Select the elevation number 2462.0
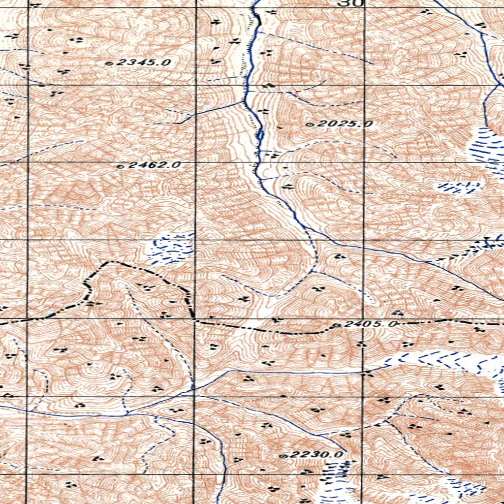(154, 165)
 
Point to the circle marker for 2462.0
(120, 166)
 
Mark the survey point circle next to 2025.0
(310, 125)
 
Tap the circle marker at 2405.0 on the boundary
(337, 325)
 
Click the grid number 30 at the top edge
(350, 3)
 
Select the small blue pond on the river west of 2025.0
(259, 134)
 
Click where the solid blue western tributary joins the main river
(245, 101)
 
